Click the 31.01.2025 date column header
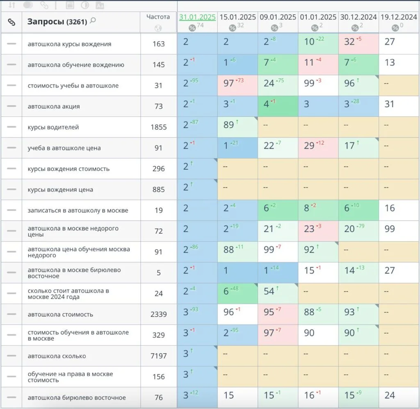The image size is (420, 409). (197, 17)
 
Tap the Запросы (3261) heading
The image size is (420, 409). (57, 22)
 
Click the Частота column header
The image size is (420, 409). (158, 17)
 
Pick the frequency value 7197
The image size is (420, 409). (158, 356)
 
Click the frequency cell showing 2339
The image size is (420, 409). (158, 314)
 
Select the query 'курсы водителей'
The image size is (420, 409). (53, 127)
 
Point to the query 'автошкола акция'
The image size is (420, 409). (54, 106)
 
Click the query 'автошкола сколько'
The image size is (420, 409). (57, 356)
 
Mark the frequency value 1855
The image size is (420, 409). (158, 127)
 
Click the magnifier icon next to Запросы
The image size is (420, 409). (93, 21)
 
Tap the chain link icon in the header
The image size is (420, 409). (11, 22)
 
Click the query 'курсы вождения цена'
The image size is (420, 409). (60, 189)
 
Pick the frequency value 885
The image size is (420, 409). (158, 189)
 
